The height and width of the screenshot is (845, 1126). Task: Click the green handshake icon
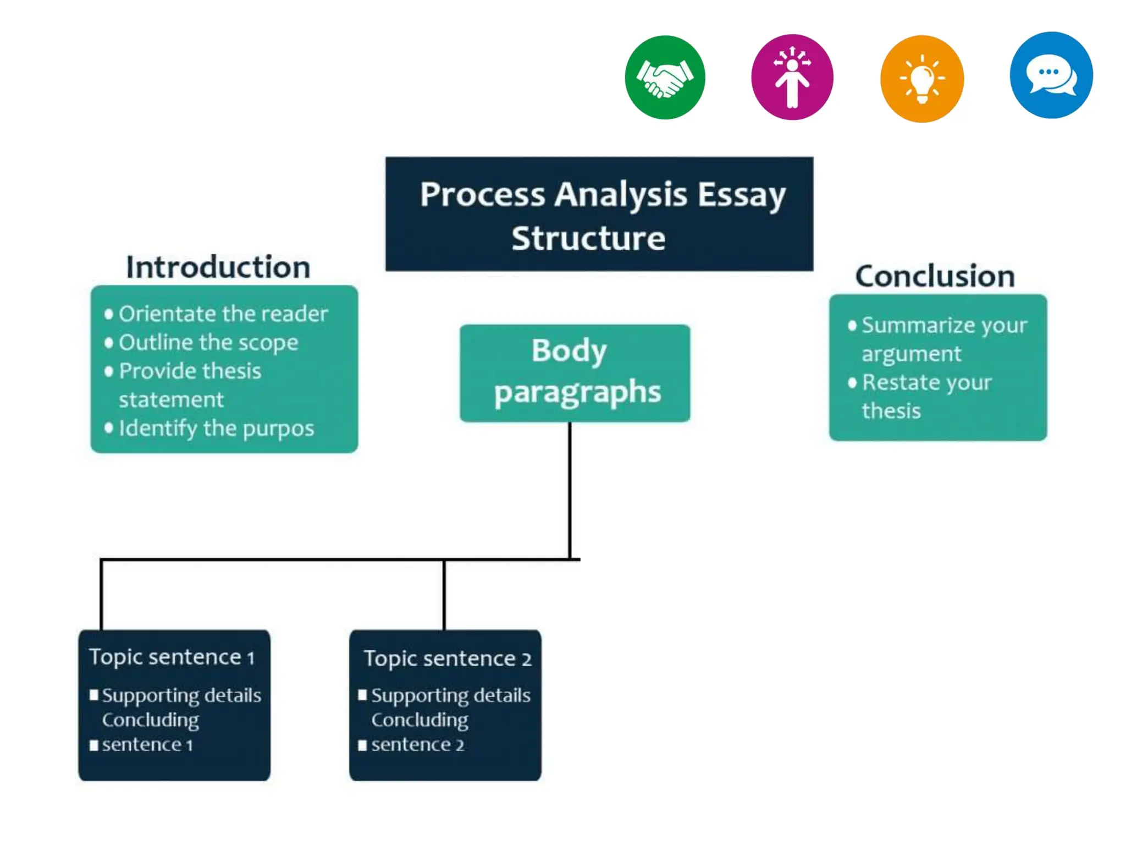[x=665, y=78]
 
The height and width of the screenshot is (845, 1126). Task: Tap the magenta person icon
[x=792, y=78]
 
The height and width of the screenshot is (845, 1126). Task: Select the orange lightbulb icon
[x=921, y=79]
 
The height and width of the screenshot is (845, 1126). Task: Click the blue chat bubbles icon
[x=1051, y=75]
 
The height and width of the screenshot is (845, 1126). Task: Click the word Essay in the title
[x=742, y=195]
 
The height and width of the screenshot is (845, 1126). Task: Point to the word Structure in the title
[x=588, y=239]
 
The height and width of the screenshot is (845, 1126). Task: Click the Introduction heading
[x=218, y=267]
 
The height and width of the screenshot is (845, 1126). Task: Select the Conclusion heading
[x=935, y=276]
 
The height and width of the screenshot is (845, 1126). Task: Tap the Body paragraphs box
[x=575, y=373]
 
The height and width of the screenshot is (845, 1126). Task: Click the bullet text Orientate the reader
[x=223, y=314]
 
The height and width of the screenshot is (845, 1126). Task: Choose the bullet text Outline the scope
[x=208, y=343]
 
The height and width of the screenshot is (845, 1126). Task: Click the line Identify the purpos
[x=216, y=429]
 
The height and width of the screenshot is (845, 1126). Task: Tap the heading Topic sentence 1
[x=172, y=657]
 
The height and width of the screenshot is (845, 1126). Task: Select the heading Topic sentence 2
[x=447, y=659]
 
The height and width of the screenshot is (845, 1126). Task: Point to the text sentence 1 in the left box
[x=147, y=745]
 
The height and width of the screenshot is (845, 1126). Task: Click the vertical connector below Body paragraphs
[x=570, y=490]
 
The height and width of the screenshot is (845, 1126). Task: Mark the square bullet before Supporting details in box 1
[x=94, y=695]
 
